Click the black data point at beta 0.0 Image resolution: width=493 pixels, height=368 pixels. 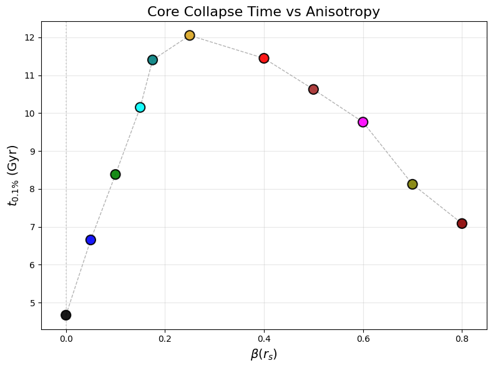66,315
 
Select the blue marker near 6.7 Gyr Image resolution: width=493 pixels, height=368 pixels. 90,240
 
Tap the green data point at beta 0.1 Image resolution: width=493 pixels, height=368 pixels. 115,175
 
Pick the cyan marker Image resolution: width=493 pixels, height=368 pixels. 140,107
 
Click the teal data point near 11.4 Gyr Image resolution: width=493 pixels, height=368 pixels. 152,60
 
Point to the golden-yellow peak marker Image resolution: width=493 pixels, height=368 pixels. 190,36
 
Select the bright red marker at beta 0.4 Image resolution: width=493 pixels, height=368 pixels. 264,59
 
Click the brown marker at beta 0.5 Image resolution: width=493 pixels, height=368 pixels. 313,89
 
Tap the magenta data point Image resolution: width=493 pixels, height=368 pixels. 363,122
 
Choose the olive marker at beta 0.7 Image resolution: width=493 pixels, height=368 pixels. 412,184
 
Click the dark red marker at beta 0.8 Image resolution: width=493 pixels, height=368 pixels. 462,223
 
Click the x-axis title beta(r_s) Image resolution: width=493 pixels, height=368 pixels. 263,354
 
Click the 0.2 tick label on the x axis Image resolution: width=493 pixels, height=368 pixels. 165,339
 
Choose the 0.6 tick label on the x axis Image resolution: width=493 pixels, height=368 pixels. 363,339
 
